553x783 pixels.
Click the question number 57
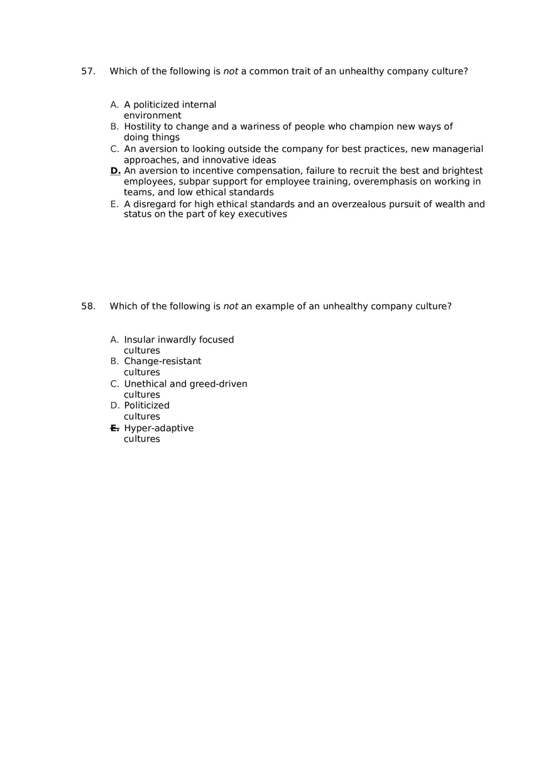point(88,72)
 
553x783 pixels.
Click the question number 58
point(88,306)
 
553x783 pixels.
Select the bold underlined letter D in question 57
point(115,171)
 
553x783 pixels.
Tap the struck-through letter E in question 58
point(114,428)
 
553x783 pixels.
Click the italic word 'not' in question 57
point(231,72)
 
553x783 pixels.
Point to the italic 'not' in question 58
point(231,306)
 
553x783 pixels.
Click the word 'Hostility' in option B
point(143,127)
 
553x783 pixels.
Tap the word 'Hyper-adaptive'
point(159,428)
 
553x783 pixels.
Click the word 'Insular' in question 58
point(139,340)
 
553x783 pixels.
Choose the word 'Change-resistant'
point(163,362)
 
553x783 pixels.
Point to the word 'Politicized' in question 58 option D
point(146,406)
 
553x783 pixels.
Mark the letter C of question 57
point(114,149)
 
